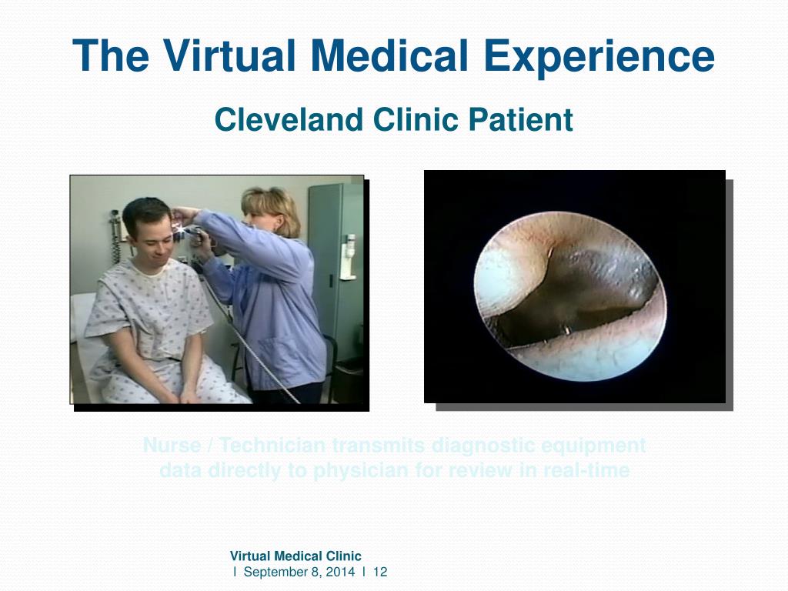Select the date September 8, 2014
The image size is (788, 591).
300,572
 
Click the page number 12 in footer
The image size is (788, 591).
379,572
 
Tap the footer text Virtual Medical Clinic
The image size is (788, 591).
295,556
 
